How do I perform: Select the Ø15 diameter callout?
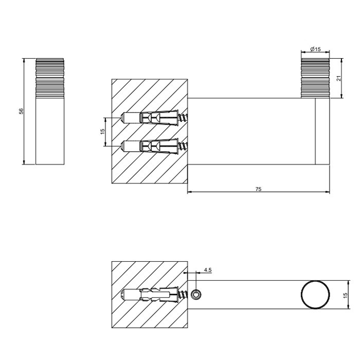[x=315, y=49]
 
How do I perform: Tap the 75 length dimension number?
[x=258, y=189]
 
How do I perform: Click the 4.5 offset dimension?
[x=207, y=269]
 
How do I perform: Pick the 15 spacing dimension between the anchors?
[x=102, y=132]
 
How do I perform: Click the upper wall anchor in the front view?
[x=149, y=118]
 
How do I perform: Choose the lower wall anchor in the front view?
[x=149, y=146]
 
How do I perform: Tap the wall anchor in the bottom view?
[x=149, y=295]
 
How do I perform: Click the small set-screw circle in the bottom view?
[x=196, y=295]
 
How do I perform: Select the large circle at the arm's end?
[x=315, y=295]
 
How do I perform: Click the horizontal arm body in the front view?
[x=252, y=131]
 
